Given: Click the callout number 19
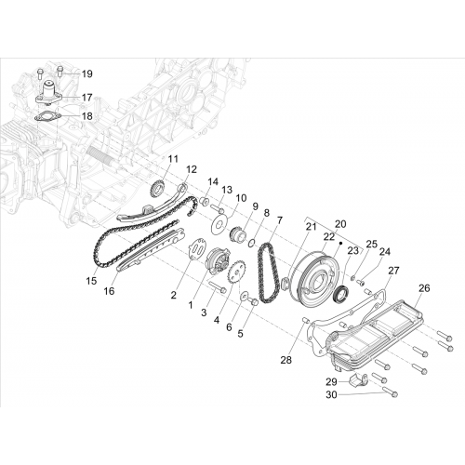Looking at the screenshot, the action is coord(87,74).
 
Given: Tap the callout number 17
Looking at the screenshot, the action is coord(87,98).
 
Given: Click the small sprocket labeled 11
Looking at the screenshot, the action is coord(158,189).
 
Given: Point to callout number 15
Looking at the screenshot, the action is coord(91,281).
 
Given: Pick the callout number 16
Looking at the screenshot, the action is coord(109,291).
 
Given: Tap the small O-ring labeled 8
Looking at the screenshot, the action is coord(252,243).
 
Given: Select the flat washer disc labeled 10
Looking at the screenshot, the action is coord(219,225).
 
